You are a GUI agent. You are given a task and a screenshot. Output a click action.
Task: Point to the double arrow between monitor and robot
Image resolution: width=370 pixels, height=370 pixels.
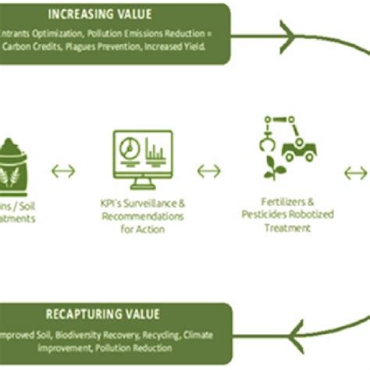208,169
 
